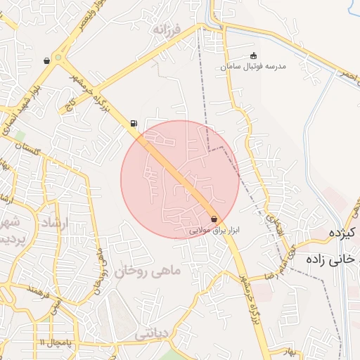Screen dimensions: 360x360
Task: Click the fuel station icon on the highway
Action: pyautogui.click(x=134, y=124)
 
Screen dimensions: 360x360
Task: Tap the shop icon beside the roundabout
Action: pyautogui.click(x=46, y=60)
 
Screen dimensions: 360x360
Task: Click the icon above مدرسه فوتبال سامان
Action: pyautogui.click(x=254, y=56)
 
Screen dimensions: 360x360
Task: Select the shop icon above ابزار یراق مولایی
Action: pyautogui.click(x=214, y=219)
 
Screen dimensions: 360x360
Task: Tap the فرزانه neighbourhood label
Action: pyautogui.click(x=168, y=31)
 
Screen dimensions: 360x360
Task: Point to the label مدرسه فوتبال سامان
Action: pyautogui.click(x=253, y=66)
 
